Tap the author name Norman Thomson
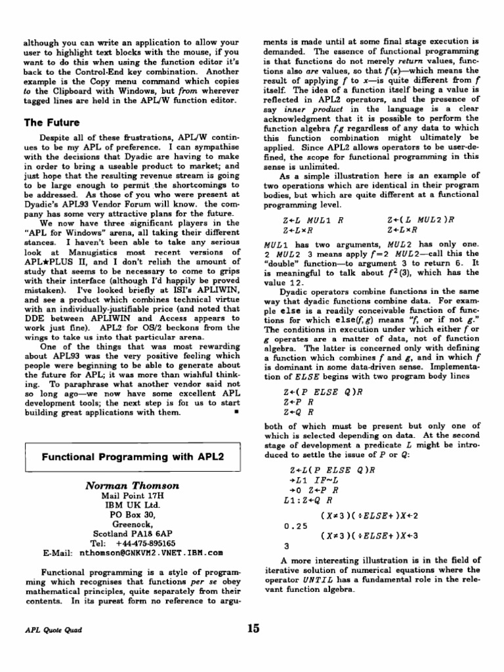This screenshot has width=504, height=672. tap(133, 486)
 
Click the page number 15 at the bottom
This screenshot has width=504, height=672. tap(253, 628)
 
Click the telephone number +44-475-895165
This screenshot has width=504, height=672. tap(146, 543)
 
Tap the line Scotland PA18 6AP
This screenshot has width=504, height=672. tap(133, 534)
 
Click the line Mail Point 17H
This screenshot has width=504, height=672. tap(133, 496)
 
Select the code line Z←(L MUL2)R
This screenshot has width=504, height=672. tap(419, 220)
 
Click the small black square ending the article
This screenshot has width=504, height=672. tap(235, 414)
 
